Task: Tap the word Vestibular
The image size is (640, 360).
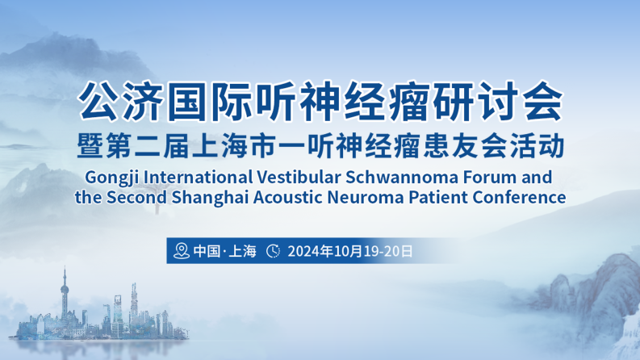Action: [299, 178]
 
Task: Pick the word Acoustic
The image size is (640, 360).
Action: [288, 198]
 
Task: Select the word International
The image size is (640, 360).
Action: [198, 178]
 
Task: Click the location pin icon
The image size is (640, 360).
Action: [182, 250]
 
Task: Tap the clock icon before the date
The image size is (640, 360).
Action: [273, 250]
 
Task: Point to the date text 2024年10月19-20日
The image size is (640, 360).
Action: [350, 251]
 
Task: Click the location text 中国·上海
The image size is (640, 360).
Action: [225, 250]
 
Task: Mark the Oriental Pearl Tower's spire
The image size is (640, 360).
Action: [64, 274]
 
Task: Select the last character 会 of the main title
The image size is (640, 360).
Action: [543, 101]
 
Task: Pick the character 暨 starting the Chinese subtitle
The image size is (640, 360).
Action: [90, 146]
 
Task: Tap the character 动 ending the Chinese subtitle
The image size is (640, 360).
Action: [551, 146]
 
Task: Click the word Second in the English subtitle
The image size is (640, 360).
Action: [136, 198]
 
